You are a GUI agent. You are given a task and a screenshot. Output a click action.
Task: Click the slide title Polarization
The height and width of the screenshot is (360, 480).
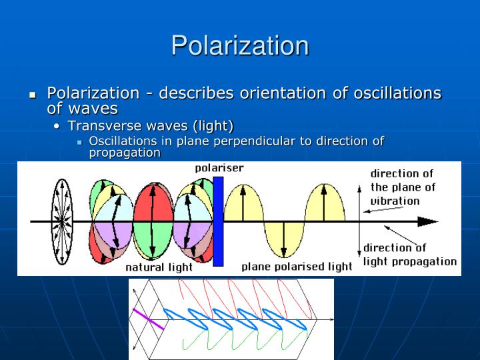pyautogui.click(x=240, y=45)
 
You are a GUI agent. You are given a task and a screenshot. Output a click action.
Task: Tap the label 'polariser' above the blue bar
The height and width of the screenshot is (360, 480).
pyautogui.click(x=219, y=168)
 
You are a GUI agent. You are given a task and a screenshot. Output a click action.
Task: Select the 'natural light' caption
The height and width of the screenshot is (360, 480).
pyautogui.click(x=159, y=267)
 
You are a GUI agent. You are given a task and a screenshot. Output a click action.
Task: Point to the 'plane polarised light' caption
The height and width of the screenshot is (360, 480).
pyautogui.click(x=297, y=267)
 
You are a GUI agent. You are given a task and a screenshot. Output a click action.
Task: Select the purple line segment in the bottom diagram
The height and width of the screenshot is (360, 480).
pyautogui.click(x=148, y=319)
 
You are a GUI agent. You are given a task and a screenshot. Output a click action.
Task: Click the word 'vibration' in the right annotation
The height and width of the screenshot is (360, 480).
pyautogui.click(x=395, y=201)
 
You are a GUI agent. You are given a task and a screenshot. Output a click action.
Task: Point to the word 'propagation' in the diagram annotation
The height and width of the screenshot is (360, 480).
pyautogui.click(x=423, y=261)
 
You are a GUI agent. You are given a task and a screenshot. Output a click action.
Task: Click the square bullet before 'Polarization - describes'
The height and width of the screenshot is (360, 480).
pyautogui.click(x=32, y=95)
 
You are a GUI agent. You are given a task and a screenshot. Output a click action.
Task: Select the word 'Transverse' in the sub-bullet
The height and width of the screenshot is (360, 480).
pyautogui.click(x=101, y=126)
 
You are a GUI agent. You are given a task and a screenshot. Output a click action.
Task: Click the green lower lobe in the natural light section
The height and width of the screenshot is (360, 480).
pyautogui.click(x=153, y=241)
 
